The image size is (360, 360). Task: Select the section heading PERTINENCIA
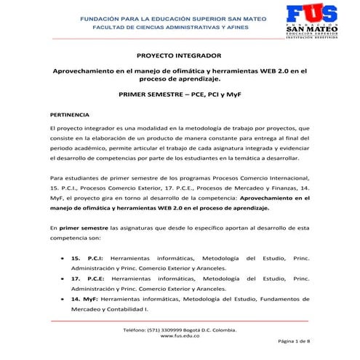(x=70, y=114)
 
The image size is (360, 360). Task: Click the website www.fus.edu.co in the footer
(x=180, y=335)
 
